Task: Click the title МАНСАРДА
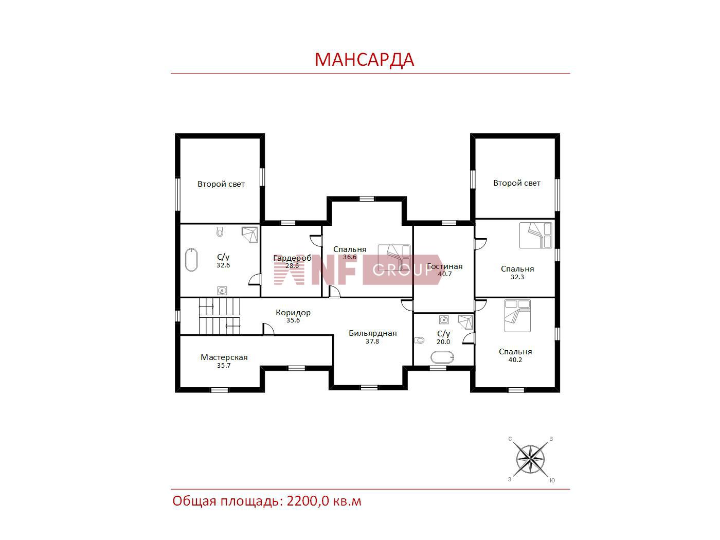[x=364, y=60]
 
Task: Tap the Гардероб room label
[x=292, y=258]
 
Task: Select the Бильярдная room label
[x=373, y=333]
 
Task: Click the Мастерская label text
[x=224, y=357]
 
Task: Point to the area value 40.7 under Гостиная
[x=445, y=274]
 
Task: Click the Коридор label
[x=293, y=313]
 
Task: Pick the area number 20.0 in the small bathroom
[x=443, y=342]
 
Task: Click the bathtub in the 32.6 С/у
[x=191, y=260]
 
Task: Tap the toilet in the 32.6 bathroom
[x=220, y=231]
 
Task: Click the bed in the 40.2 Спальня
[x=517, y=316]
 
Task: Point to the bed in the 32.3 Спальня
[x=536, y=236]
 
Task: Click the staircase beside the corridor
[x=220, y=316]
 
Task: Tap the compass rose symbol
[x=530, y=459]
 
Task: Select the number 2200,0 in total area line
[x=308, y=501]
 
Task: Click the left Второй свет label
[x=221, y=184]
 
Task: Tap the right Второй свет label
[x=517, y=183]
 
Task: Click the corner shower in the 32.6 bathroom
[x=250, y=234]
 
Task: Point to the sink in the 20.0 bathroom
[x=444, y=319]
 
